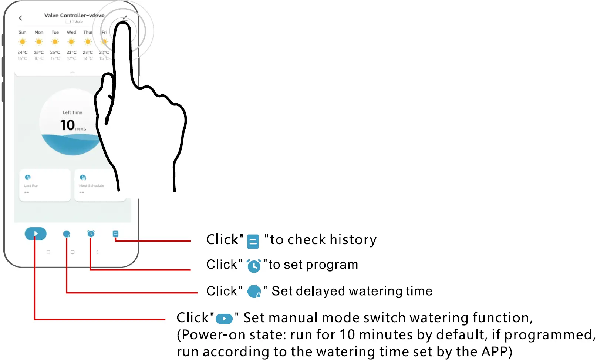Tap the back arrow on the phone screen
pos(20,18)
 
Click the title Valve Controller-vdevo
pos(74,15)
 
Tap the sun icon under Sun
pos(23,42)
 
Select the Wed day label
pos(71,32)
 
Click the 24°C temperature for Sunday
pos(23,53)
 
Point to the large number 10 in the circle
pos(68,125)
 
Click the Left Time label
pos(72,112)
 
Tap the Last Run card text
pos(31,186)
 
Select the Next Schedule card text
pos(91,186)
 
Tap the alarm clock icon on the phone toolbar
pos(91,233)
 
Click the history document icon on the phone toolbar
pos(115,233)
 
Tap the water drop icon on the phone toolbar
pos(67,234)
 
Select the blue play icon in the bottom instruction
pos(224,319)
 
